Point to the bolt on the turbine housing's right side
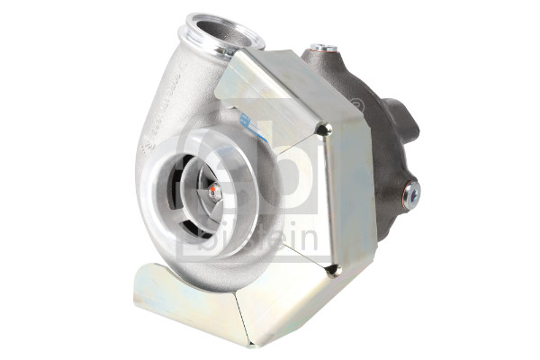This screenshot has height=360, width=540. coord(412,191)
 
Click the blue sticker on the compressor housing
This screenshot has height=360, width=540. coord(253,125)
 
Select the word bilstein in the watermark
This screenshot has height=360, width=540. coord(279,238)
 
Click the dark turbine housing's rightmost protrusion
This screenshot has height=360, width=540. coord(410,117)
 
